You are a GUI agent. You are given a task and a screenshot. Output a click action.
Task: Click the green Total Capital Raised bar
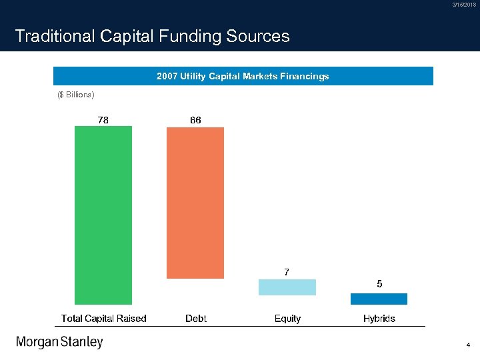pos(103,215)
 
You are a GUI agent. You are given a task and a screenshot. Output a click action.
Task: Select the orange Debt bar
pos(195,203)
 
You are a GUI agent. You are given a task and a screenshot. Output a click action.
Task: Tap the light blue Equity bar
pos(287,287)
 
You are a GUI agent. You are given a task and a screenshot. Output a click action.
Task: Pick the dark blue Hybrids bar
pos(379,299)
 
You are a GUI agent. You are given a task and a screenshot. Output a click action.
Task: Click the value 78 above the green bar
pos(104,120)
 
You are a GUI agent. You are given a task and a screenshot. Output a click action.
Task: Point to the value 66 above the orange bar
pos(195,120)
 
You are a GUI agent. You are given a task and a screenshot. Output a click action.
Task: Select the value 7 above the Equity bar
pos(287,272)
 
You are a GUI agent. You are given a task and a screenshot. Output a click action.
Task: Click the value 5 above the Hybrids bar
pos(379,284)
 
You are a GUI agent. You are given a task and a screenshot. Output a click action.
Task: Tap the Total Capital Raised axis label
pos(103,319)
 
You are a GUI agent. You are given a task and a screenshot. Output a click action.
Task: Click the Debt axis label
pos(195,319)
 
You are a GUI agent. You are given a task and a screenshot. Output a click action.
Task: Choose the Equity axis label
pos(287,319)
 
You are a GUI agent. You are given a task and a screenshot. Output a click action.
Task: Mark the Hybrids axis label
pos(379,319)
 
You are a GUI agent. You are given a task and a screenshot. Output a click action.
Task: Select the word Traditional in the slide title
pos(55,36)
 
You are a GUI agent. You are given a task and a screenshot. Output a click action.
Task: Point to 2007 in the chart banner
pos(167,77)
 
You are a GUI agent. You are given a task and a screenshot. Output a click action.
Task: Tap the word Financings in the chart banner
pos(305,77)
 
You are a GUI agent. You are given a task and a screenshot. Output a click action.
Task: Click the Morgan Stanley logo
pos(59,343)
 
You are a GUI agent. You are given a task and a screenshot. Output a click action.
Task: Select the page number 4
pos(469,346)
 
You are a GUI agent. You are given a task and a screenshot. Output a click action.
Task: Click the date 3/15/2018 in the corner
pos(464,5)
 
